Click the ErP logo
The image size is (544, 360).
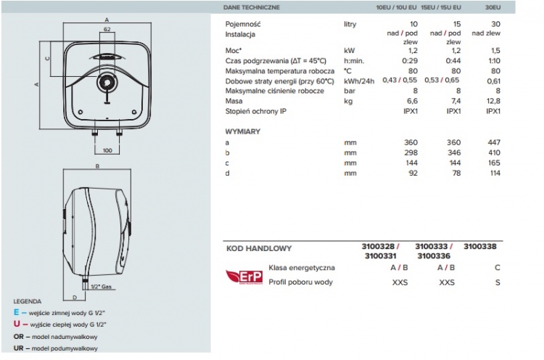[243, 275]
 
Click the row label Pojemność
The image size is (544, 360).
[243, 24]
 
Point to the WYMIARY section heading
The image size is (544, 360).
[243, 131]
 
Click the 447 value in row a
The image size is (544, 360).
[495, 143]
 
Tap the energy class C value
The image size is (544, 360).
[498, 268]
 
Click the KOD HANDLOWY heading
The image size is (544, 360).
[259, 247]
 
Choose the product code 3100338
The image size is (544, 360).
[480, 247]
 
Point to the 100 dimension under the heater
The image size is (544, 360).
[107, 150]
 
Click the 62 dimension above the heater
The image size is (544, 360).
[107, 30]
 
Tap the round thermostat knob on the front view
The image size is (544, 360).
[107, 82]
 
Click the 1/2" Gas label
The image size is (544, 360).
[100, 287]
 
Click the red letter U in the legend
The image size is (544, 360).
[16, 324]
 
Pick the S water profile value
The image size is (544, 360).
[498, 282]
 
